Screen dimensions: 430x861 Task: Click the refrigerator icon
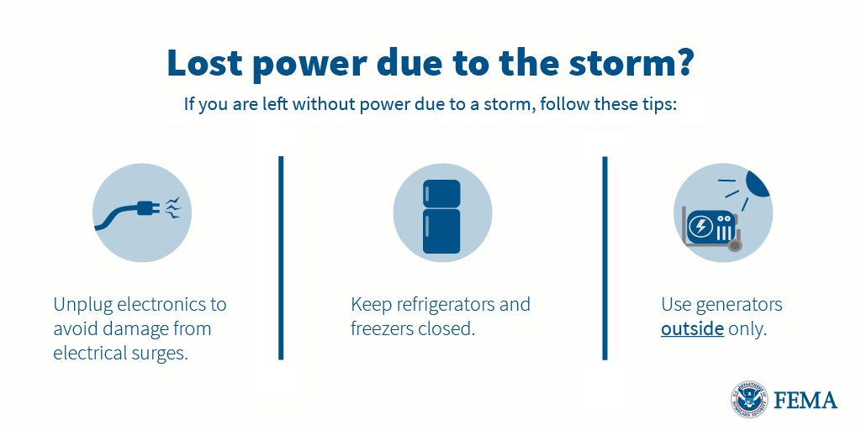[x=442, y=216]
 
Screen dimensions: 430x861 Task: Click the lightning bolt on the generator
[x=700, y=226]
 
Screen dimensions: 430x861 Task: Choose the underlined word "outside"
[x=692, y=328]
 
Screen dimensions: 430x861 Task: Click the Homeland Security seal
[x=749, y=400]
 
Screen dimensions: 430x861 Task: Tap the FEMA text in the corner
[x=806, y=400]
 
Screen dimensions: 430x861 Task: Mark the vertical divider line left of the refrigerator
[x=281, y=257]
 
